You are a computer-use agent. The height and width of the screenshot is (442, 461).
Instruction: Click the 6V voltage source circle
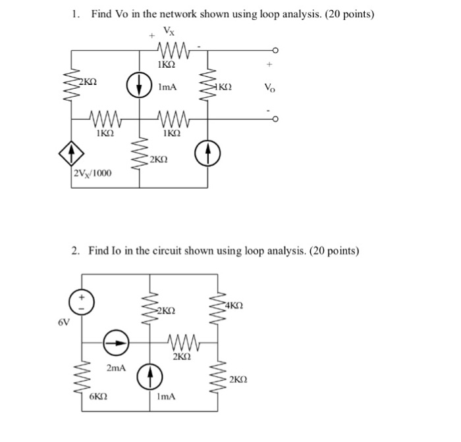82,303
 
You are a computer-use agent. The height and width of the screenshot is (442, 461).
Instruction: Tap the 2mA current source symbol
116,343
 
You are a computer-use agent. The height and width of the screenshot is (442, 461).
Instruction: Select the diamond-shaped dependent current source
71,153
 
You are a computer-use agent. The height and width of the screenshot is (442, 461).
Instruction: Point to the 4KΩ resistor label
234,306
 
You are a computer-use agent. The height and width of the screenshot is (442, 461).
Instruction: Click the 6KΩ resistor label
98,397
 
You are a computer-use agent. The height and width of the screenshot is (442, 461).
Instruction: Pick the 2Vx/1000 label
93,173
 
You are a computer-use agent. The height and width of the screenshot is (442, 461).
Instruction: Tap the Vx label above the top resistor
169,31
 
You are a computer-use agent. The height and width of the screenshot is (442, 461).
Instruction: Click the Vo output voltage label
269,87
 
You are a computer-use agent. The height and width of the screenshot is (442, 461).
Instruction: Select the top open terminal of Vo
275,50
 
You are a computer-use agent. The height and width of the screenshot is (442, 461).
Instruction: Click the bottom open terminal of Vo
275,119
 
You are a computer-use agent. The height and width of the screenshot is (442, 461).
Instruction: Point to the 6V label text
64,322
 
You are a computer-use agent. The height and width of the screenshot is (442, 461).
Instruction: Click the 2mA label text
116,368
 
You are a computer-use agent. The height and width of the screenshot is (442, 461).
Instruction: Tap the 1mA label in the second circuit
167,397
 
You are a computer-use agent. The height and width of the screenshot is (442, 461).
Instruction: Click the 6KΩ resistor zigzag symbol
82,378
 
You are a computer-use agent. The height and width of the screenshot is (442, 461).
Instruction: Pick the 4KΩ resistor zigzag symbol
218,308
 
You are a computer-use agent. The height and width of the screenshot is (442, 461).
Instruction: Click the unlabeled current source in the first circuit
207,153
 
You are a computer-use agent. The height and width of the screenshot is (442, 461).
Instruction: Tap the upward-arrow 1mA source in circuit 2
149,377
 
